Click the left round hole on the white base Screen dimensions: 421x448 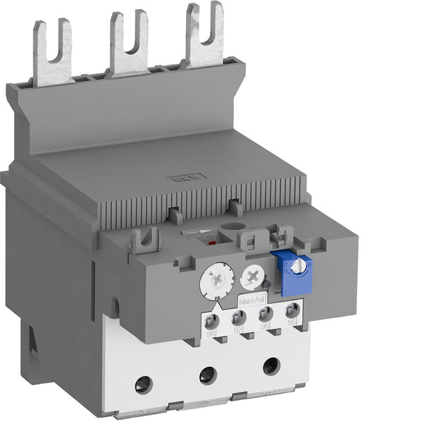click(x=144, y=380)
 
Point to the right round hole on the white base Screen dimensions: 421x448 click(x=270, y=366)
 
